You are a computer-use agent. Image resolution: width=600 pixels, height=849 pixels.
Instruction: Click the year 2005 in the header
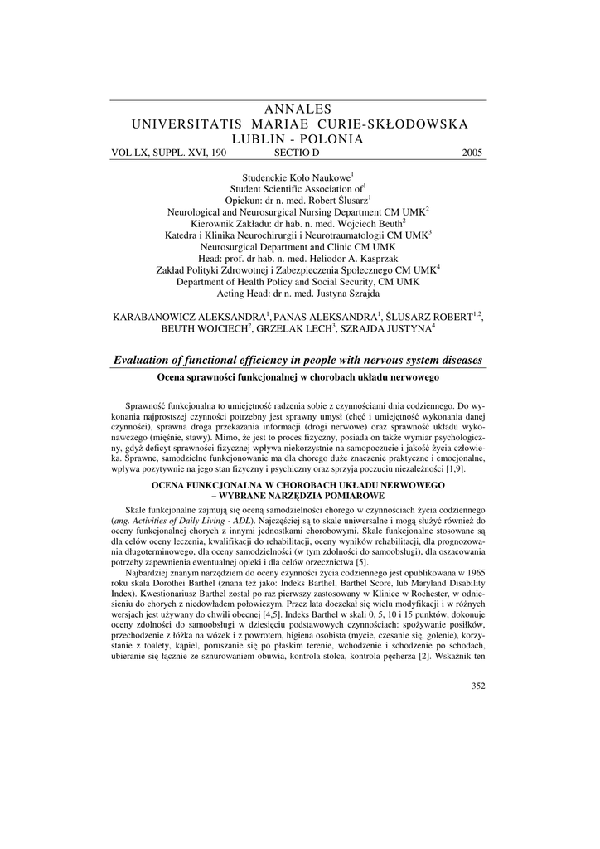472,153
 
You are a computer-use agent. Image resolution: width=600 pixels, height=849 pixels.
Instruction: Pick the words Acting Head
248,294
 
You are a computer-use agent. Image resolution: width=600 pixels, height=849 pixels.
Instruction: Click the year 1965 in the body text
473,574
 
